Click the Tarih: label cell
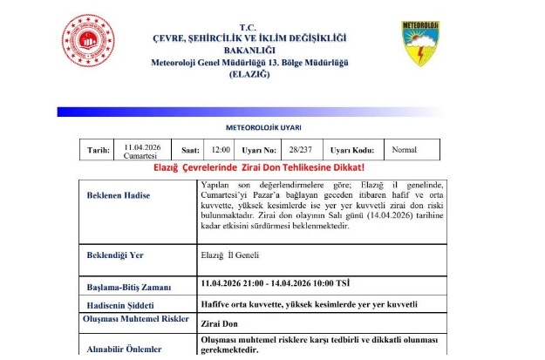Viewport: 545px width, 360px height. [x=98, y=150]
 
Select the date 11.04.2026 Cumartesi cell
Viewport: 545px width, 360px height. [x=140, y=150]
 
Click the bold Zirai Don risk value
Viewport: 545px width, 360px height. [x=221, y=323]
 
